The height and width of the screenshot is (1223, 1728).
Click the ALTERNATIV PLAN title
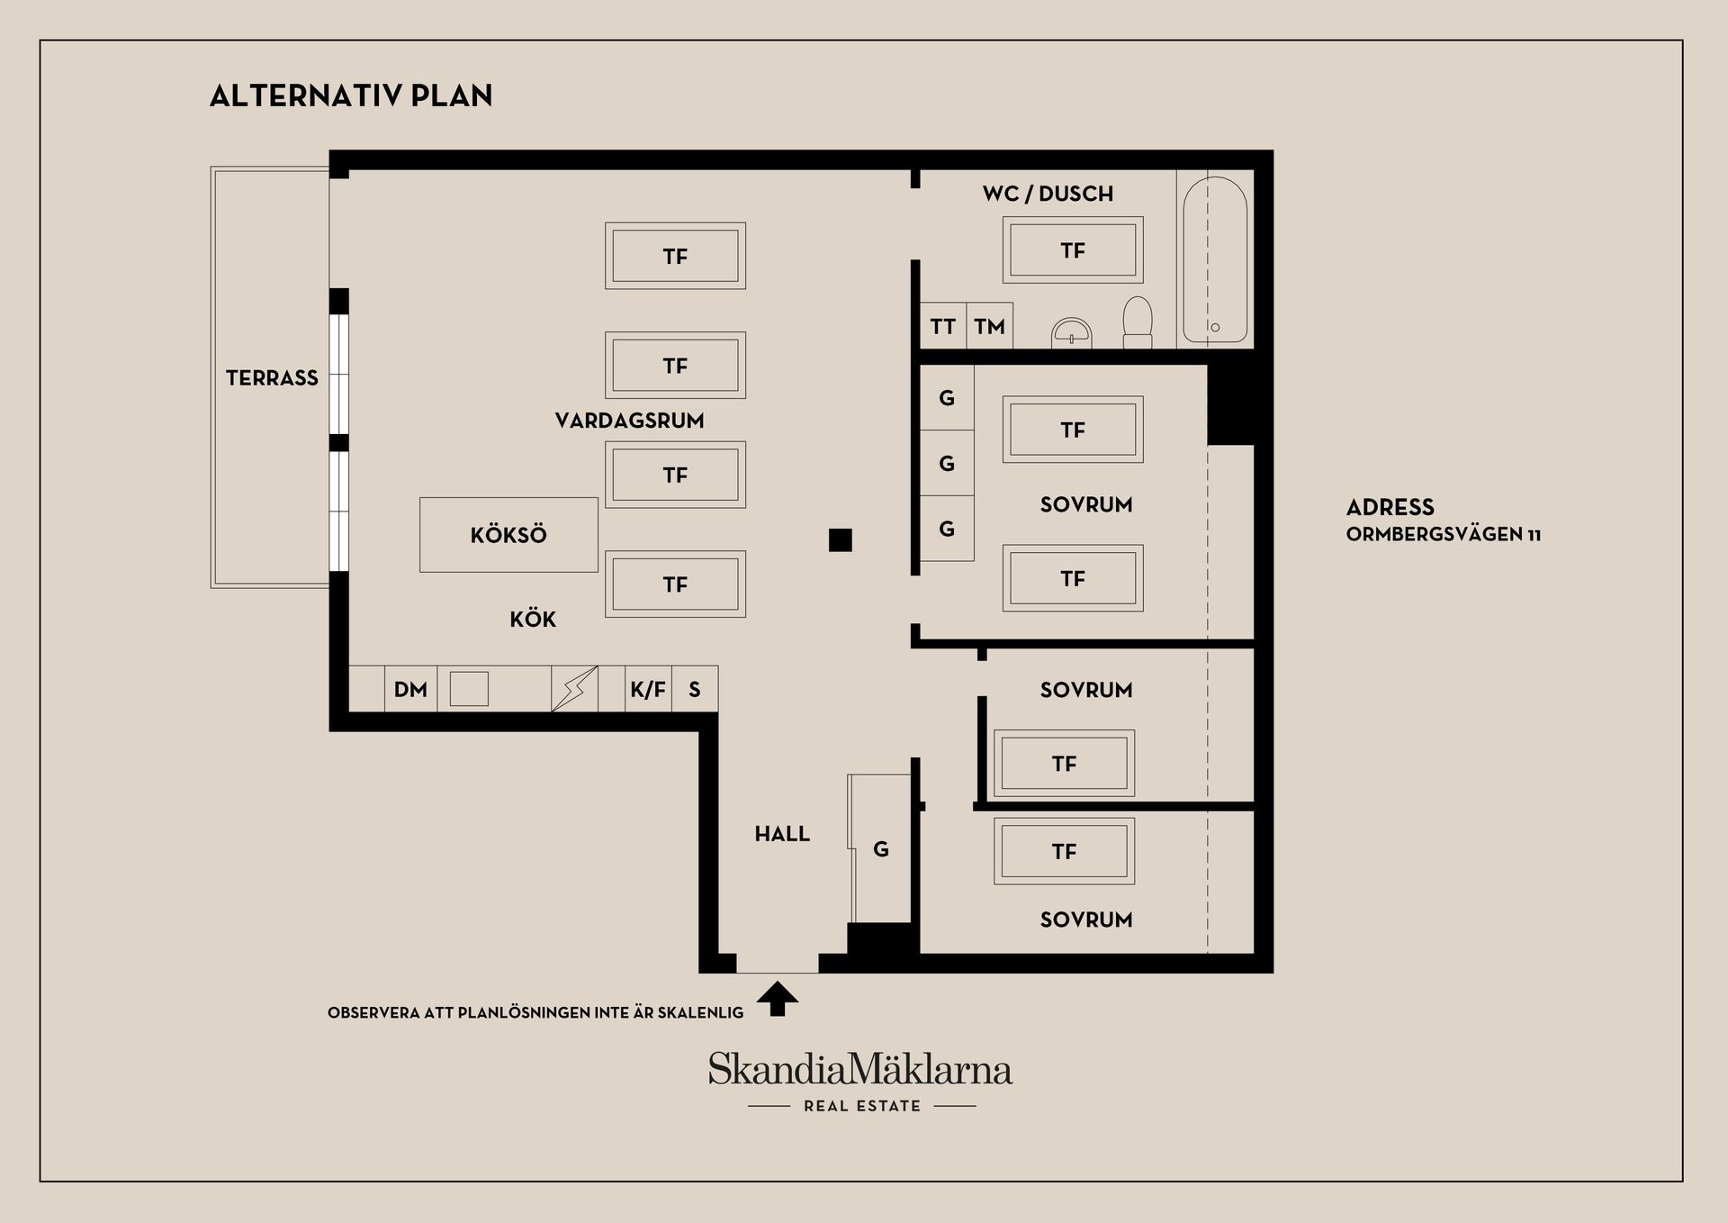click(351, 95)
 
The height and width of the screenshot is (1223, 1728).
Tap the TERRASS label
click(272, 378)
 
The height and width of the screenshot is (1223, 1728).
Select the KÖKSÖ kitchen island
click(508, 535)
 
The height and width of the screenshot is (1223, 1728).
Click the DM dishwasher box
click(410, 689)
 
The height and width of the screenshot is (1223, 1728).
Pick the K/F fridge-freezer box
click(648, 689)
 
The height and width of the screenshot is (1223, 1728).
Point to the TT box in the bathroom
click(942, 326)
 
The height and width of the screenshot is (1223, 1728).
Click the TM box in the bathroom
click(989, 326)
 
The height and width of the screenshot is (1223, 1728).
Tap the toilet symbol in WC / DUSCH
click(1138, 322)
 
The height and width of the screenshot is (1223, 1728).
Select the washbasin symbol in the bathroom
click(1071, 333)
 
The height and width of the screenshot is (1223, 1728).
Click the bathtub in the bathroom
click(1215, 259)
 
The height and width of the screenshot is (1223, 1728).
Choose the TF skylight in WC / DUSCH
click(1073, 250)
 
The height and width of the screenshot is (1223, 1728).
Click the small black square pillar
click(841, 539)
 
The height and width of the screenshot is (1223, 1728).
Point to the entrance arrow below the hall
click(778, 999)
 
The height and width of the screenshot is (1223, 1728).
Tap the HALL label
click(782, 834)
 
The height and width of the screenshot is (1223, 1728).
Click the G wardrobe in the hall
click(880, 848)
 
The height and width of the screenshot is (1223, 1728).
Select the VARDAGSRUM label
click(629, 421)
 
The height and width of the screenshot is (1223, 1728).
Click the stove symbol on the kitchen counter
click(574, 689)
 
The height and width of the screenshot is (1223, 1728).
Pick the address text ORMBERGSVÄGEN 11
click(1444, 534)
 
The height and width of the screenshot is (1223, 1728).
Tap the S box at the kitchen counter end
click(695, 689)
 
